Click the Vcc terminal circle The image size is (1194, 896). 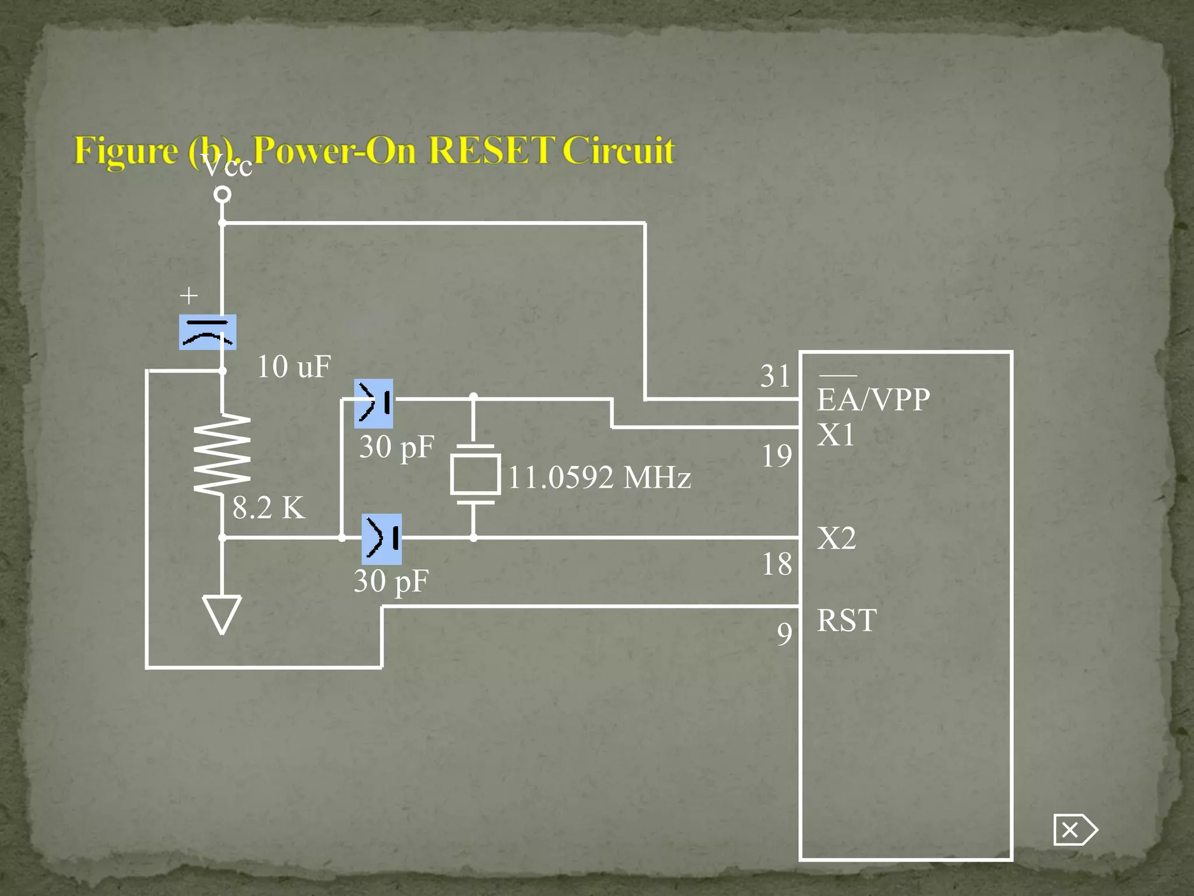click(222, 194)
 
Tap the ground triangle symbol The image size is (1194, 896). click(222, 614)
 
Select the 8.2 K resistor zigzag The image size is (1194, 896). click(222, 454)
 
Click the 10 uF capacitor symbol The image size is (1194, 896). click(208, 332)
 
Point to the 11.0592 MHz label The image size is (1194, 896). click(599, 478)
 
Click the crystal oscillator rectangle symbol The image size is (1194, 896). click(475, 475)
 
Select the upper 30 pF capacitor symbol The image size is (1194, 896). click(374, 403)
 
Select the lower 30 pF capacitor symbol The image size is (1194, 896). click(382, 538)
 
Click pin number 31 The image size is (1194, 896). click(775, 376)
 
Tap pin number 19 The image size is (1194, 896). click(777, 456)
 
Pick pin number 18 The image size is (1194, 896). click(777, 564)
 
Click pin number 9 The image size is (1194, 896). click(785, 633)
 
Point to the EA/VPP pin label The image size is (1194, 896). click(873, 400)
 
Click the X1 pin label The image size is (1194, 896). click(835, 435)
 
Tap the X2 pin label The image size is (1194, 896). click(836, 538)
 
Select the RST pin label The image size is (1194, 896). click(847, 620)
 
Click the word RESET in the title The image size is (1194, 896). click(491, 150)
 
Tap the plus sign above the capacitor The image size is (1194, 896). click(189, 296)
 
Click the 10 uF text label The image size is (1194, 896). click(294, 367)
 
